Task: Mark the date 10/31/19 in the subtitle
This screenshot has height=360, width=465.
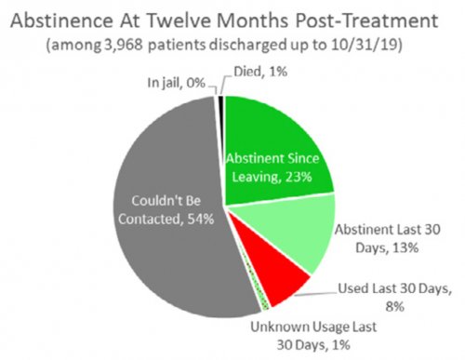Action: (x=372, y=44)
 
